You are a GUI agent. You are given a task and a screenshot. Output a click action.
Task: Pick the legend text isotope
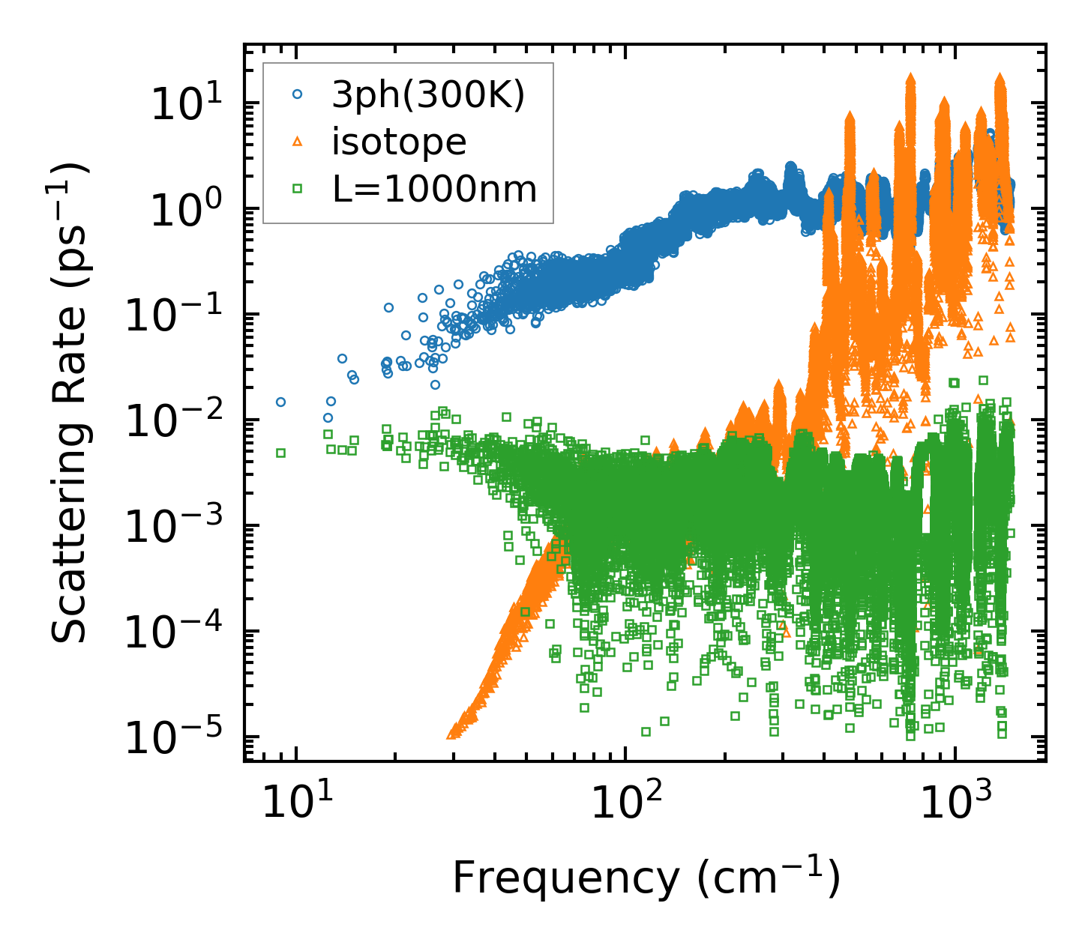[x=399, y=142]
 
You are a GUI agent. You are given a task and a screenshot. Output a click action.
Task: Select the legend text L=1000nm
[x=435, y=189]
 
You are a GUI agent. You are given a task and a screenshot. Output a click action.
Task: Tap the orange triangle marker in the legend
[x=298, y=141]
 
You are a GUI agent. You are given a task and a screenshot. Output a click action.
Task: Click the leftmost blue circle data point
[x=280, y=402]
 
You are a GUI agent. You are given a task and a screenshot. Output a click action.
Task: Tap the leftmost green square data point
[x=280, y=453]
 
